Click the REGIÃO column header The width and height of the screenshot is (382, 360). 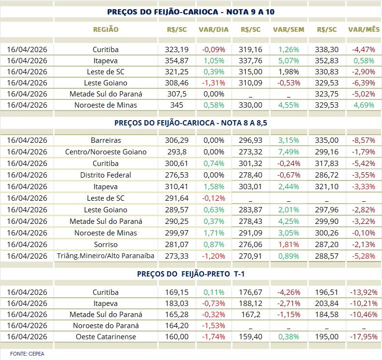coord(106,29)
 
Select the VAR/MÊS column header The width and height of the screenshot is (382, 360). coord(364,29)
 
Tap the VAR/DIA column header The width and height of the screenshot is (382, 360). coord(213,29)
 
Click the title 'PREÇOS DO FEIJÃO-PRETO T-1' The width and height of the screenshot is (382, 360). coord(191,274)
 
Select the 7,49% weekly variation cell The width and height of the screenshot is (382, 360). coord(288,152)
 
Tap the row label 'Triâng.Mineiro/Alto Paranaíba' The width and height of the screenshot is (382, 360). coord(106,256)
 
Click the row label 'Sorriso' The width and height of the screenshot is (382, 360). coord(106,244)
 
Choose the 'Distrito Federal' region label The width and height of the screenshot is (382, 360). coord(106,175)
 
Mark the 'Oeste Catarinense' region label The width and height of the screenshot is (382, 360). coord(106,337)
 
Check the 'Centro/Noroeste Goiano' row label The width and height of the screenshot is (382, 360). coord(106,152)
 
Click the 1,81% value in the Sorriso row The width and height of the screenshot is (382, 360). coord(288,244)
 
